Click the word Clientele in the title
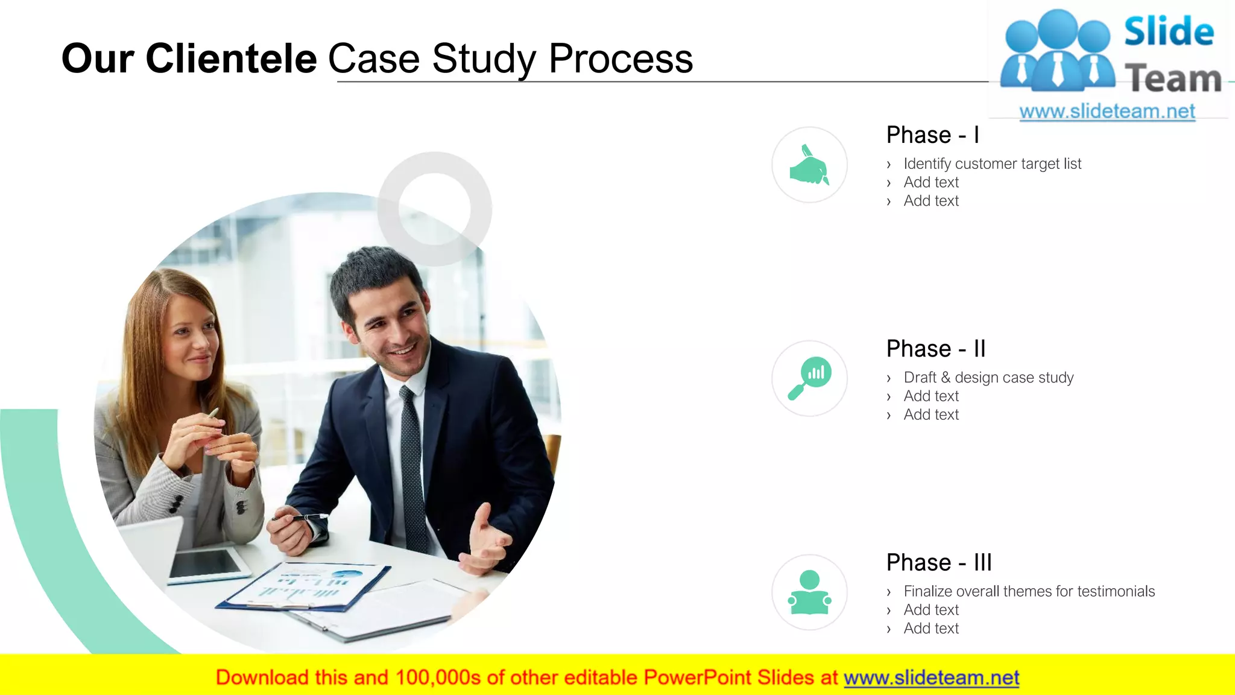pyautogui.click(x=231, y=59)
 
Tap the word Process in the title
pyautogui.click(x=621, y=59)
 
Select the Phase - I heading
pyautogui.click(x=932, y=135)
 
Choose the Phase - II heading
pyautogui.click(x=935, y=349)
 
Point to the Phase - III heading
pyautogui.click(x=938, y=562)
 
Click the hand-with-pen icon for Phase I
pyautogui.click(x=809, y=165)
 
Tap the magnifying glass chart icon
pyautogui.click(x=809, y=378)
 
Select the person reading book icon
pyautogui.click(x=809, y=592)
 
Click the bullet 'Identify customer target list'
pyautogui.click(x=992, y=164)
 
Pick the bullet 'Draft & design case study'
pyautogui.click(x=988, y=378)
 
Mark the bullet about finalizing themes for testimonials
pyautogui.click(x=1029, y=591)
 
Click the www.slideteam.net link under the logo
pyautogui.click(x=1107, y=112)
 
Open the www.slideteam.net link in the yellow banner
pyautogui.click(x=931, y=678)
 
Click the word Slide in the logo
pyautogui.click(x=1169, y=32)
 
